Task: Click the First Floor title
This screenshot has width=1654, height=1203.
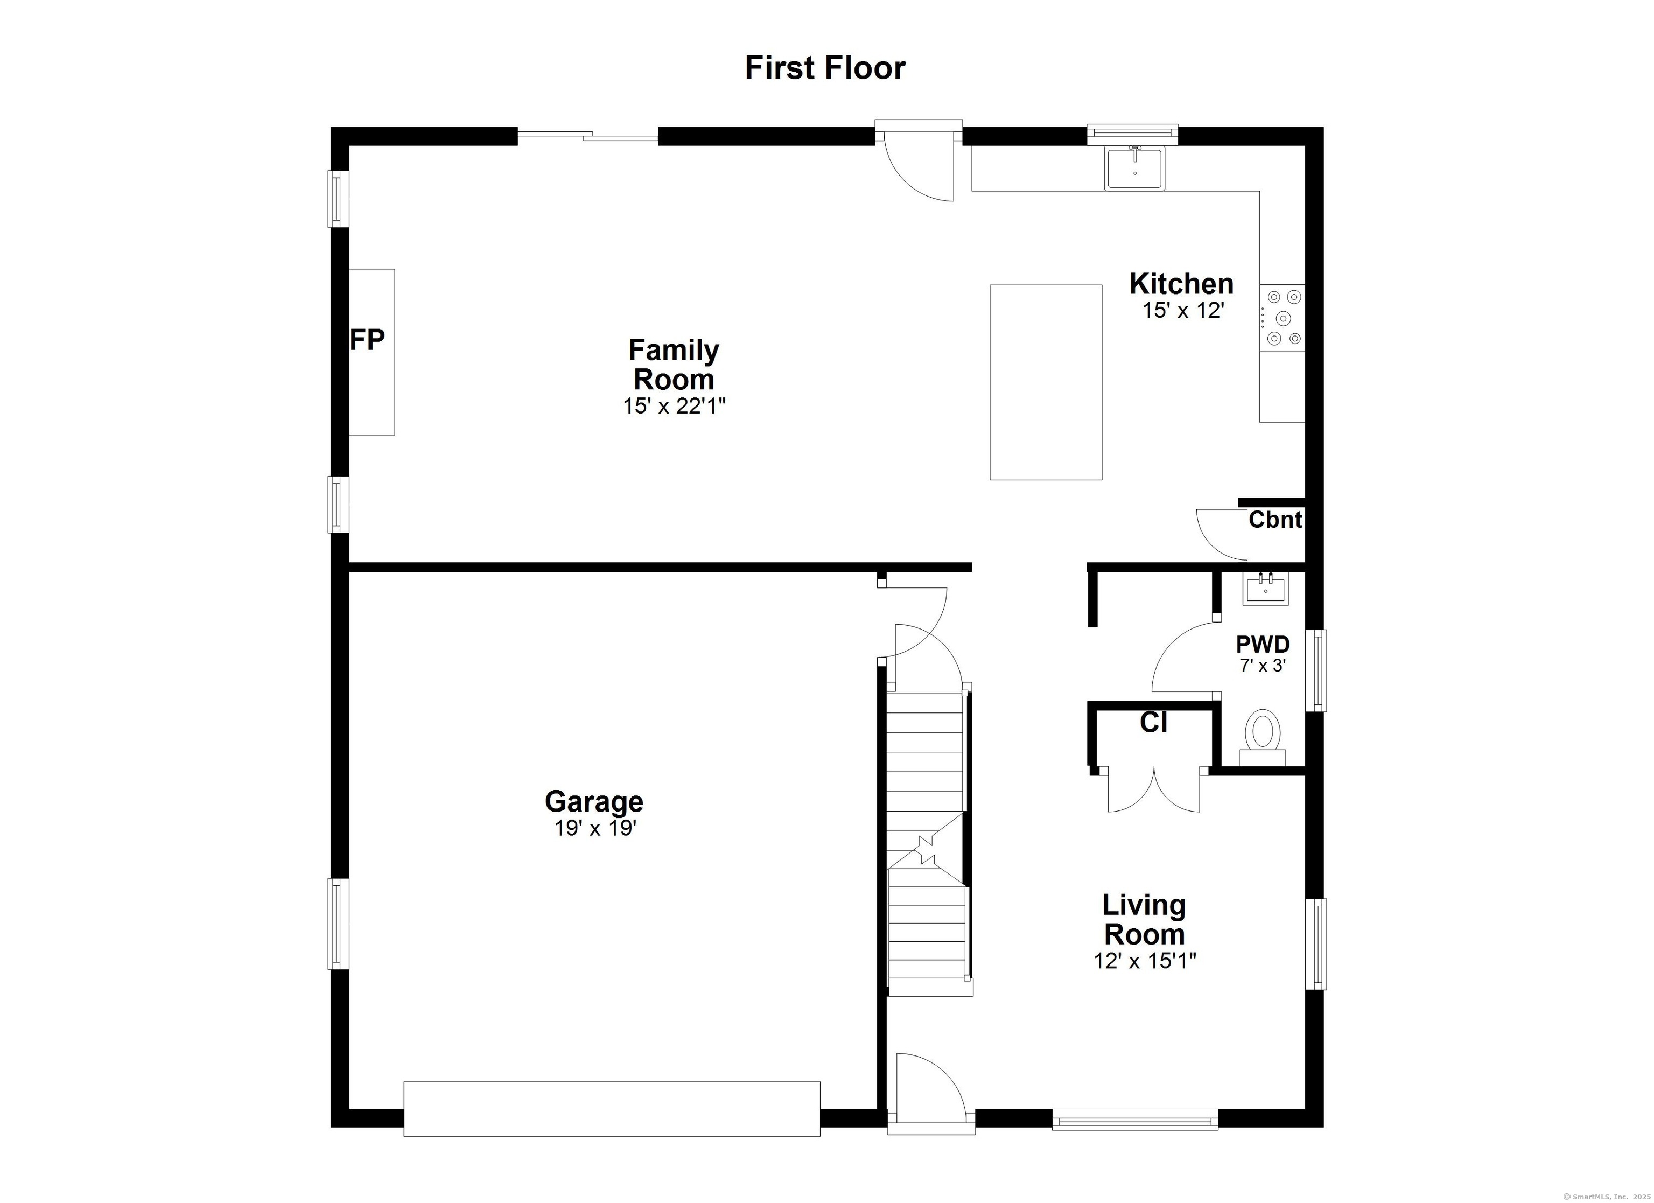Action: click(825, 68)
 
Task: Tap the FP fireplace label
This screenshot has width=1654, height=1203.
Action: click(367, 339)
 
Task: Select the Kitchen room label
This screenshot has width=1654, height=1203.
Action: click(1181, 283)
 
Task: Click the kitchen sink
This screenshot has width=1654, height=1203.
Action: click(1135, 169)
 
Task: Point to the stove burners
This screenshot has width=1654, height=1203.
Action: click(1283, 318)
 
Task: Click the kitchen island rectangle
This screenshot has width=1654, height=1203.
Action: click(1046, 382)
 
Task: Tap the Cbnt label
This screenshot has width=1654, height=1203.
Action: click(1275, 520)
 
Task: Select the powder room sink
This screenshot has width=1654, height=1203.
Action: click(1265, 589)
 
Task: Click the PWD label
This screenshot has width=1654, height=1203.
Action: click(1263, 644)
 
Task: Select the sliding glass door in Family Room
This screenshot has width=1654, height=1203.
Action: click(588, 136)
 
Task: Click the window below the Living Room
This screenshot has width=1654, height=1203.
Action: click(1135, 1119)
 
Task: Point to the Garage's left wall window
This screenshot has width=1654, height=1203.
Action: click(338, 924)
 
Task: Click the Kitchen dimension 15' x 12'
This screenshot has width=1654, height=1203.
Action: click(1182, 311)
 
